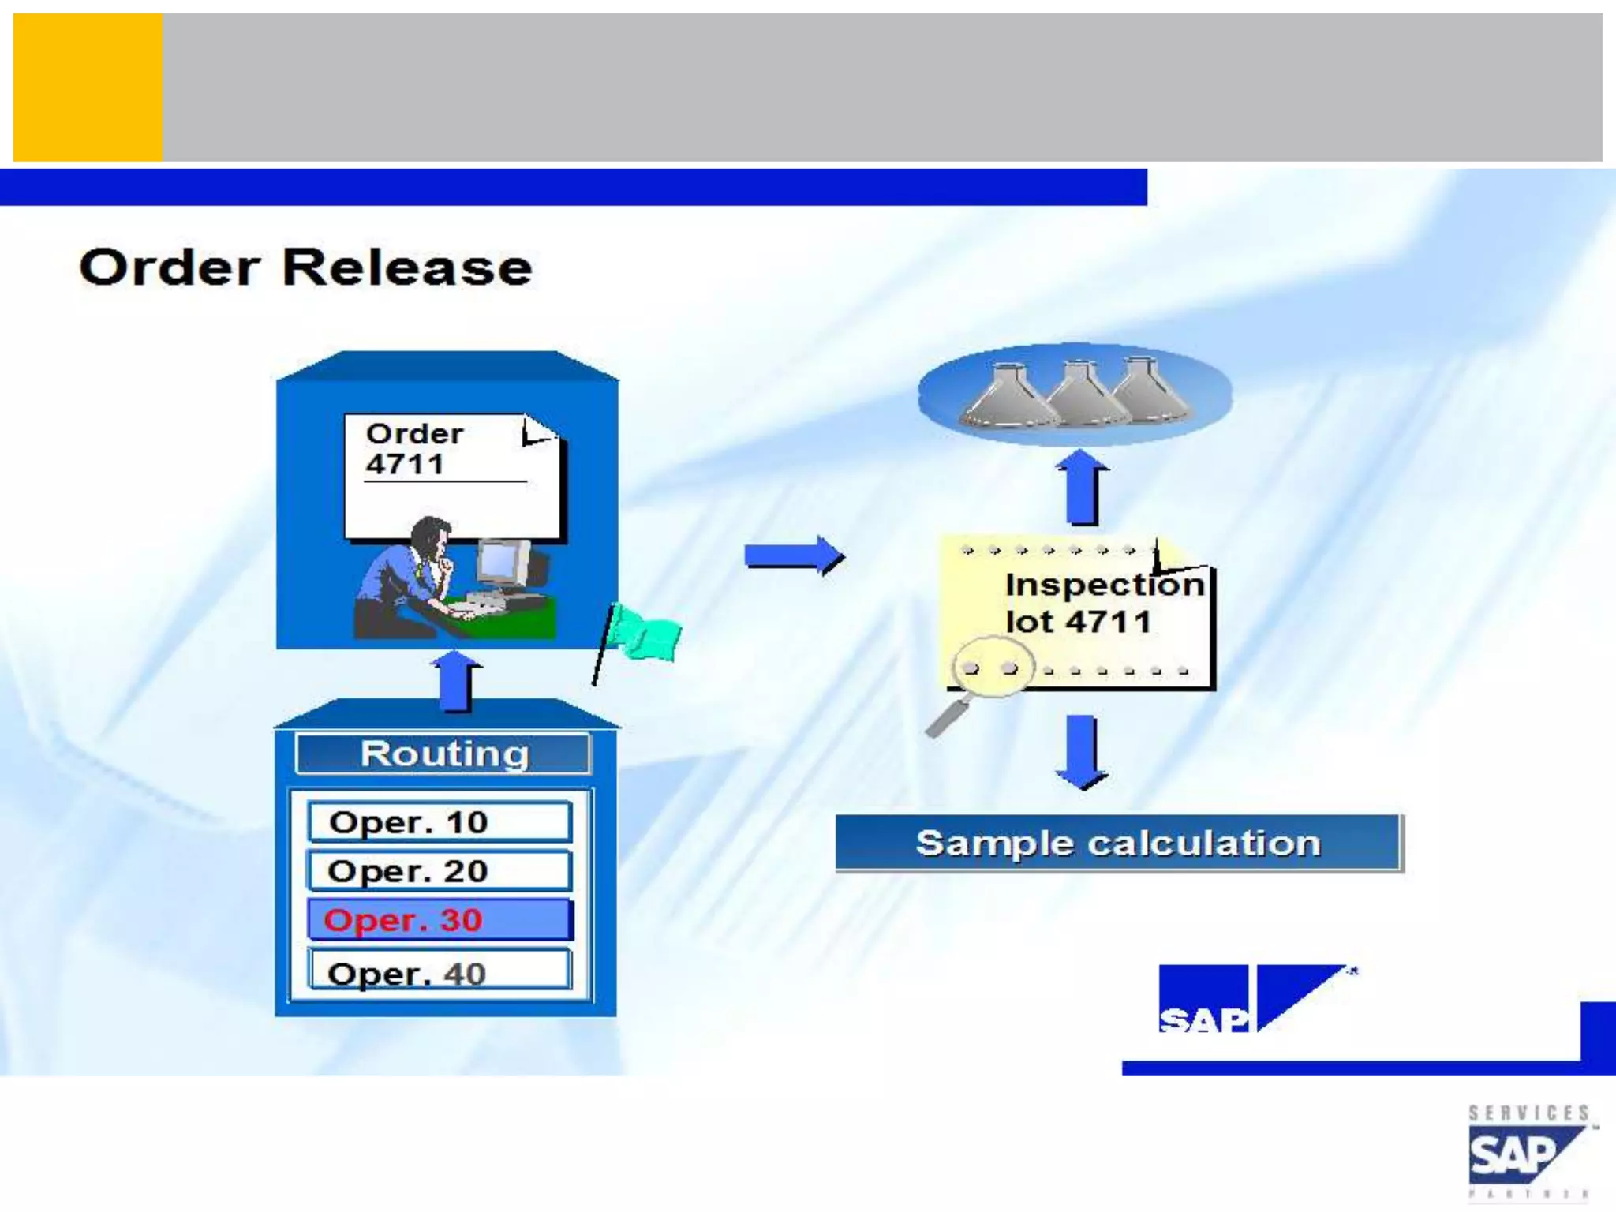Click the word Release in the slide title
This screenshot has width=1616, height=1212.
click(x=406, y=267)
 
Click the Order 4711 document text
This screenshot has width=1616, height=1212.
click(x=414, y=449)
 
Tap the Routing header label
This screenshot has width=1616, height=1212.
click(x=443, y=754)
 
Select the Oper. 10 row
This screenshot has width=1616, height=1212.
click(x=439, y=822)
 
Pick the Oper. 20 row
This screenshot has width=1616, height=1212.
click(x=439, y=871)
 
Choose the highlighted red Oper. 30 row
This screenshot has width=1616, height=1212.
click(x=439, y=920)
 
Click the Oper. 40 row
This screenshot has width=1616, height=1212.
click(x=439, y=972)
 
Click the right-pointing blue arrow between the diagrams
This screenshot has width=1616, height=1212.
click(x=794, y=556)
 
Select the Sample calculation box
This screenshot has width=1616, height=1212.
click(x=1117, y=844)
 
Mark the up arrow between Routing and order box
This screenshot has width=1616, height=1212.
click(x=456, y=680)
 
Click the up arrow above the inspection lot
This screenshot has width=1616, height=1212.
click(x=1083, y=487)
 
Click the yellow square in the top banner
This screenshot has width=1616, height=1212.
click(x=88, y=88)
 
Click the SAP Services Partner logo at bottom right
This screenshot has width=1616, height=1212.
click(x=1528, y=1153)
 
